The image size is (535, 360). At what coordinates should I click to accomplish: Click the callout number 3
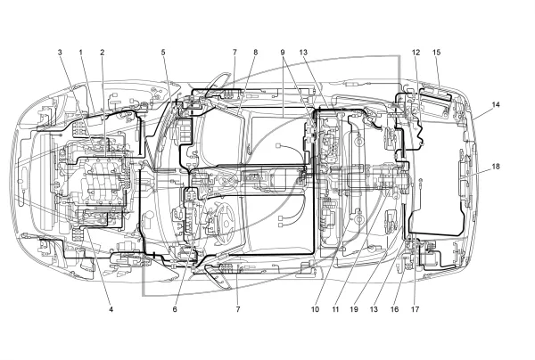(x=60, y=53)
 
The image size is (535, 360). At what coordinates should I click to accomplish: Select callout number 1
(x=81, y=53)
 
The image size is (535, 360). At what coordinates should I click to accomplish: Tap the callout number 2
(x=102, y=53)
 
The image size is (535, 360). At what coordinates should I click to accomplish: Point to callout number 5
(x=163, y=53)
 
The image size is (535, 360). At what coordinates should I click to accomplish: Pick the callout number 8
(x=256, y=53)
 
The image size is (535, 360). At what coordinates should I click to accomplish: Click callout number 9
(x=283, y=53)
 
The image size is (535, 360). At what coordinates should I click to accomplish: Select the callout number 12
(x=416, y=53)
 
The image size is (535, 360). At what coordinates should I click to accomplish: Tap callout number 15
(x=437, y=53)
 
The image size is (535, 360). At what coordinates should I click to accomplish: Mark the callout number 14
(x=496, y=104)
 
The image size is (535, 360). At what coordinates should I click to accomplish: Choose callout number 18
(x=496, y=167)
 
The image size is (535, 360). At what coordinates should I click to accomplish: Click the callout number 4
(x=111, y=309)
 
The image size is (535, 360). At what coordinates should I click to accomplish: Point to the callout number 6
(x=175, y=309)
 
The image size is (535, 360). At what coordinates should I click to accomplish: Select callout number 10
(x=315, y=309)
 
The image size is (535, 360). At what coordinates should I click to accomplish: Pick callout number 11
(x=335, y=309)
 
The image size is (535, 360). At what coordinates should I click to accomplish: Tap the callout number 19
(x=354, y=309)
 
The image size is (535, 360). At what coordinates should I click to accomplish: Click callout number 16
(x=394, y=309)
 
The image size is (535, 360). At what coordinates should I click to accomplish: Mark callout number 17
(x=415, y=309)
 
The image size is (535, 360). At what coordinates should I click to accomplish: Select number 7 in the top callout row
(x=235, y=53)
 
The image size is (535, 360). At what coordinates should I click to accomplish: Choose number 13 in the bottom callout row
(x=374, y=309)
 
